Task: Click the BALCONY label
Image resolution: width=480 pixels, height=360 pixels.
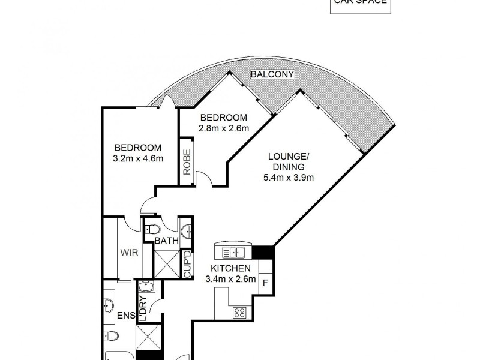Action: (x=273, y=74)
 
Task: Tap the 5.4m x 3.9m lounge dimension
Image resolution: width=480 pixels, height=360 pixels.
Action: (x=289, y=177)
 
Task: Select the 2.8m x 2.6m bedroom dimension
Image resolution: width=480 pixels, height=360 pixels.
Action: (x=224, y=128)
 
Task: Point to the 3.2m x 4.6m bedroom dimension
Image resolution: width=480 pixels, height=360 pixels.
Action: (x=138, y=158)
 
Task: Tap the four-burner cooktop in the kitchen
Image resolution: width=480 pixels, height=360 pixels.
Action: (x=241, y=312)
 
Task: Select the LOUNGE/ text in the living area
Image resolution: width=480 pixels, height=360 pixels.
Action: (x=289, y=157)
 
